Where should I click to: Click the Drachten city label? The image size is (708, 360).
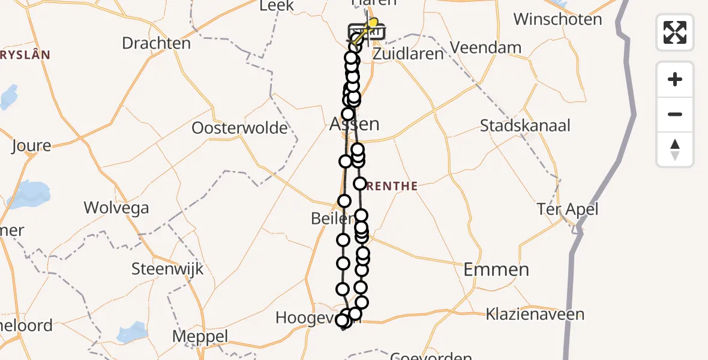(x=156, y=43)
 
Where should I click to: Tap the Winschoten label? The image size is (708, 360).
(x=557, y=19)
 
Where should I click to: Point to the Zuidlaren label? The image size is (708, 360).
(x=408, y=53)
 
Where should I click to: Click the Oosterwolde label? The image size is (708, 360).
(x=239, y=128)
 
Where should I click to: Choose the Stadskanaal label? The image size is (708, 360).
(x=525, y=126)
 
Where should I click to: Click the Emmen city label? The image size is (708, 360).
(x=496, y=269)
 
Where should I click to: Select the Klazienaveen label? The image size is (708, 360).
(x=527, y=314)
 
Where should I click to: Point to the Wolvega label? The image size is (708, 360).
(x=116, y=208)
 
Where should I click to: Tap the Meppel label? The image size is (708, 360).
(x=200, y=337)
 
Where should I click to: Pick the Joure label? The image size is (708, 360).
(x=31, y=146)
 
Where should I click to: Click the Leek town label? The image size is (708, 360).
(x=276, y=6)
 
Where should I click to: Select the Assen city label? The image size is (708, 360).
(x=355, y=124)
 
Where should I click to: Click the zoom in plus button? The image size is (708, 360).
(x=675, y=79)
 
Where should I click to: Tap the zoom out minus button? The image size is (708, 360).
(x=675, y=114)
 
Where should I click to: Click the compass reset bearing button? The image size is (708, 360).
(x=675, y=149)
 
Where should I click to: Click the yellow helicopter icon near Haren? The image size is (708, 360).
(x=370, y=25)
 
